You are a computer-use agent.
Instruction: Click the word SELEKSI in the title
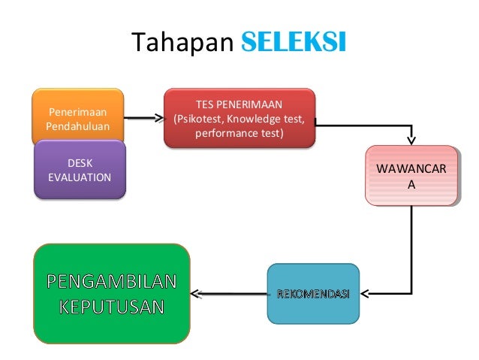click(x=294, y=44)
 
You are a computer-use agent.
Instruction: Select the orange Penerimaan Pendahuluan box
click(x=77, y=117)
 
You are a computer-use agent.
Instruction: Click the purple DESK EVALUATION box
click(x=80, y=170)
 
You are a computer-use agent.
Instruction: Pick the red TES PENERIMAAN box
click(x=239, y=118)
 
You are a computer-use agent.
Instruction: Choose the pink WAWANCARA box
click(x=411, y=175)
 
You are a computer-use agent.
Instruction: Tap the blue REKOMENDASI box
click(x=313, y=294)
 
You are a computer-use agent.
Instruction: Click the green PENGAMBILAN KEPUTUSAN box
click(x=112, y=294)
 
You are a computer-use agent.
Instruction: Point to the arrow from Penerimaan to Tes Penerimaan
click(x=143, y=118)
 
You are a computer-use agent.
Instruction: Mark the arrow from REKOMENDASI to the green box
click(x=229, y=294)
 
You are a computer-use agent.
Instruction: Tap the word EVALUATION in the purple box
click(x=80, y=177)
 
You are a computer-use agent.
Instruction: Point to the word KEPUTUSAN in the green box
click(x=112, y=307)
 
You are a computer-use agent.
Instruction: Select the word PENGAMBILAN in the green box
click(x=112, y=282)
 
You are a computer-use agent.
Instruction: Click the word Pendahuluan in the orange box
click(x=77, y=125)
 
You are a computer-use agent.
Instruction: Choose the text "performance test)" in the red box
click(x=239, y=134)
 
